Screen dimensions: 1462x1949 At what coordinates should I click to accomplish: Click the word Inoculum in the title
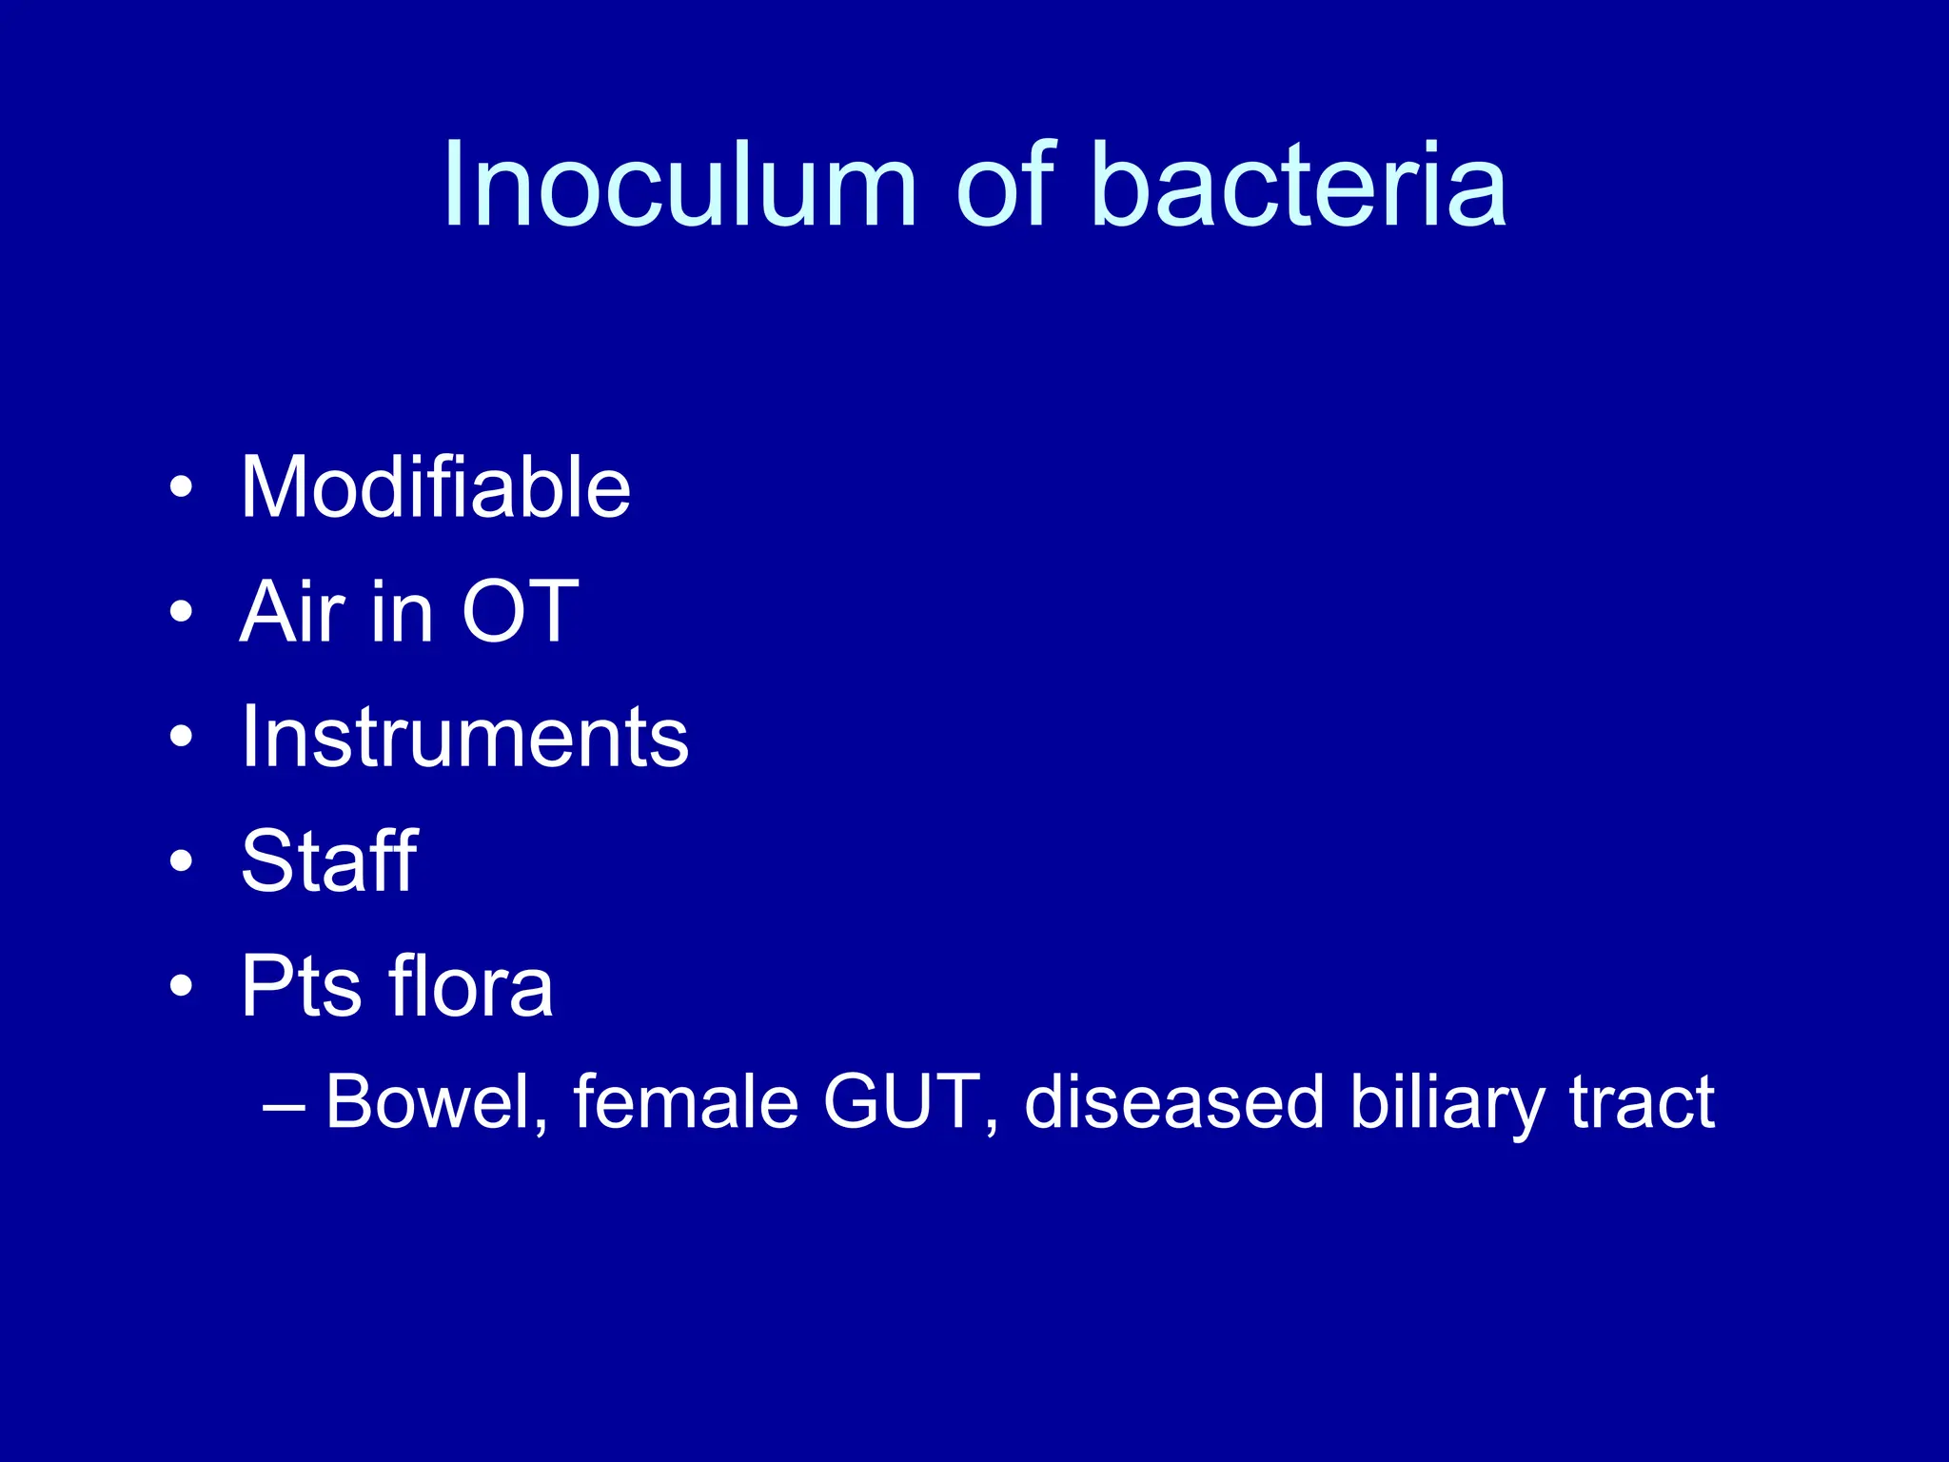click(x=679, y=185)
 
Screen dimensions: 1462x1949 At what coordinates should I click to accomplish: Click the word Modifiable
click(x=436, y=487)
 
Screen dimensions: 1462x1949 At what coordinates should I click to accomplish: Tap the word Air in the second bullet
click(x=292, y=612)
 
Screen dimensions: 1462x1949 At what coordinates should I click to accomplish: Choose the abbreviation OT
click(x=521, y=612)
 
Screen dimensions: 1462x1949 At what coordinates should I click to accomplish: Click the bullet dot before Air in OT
click(x=181, y=613)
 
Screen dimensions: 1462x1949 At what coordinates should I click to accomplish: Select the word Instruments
click(x=464, y=737)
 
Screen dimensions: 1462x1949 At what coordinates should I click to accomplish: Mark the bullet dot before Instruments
click(x=181, y=738)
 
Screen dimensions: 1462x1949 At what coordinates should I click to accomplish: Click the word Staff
click(x=328, y=860)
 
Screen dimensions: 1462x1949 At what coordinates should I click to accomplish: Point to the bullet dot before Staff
click(x=181, y=862)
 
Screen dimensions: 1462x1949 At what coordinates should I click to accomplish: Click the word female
click(x=685, y=1102)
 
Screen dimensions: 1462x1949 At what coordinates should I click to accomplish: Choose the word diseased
click(x=1174, y=1102)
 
